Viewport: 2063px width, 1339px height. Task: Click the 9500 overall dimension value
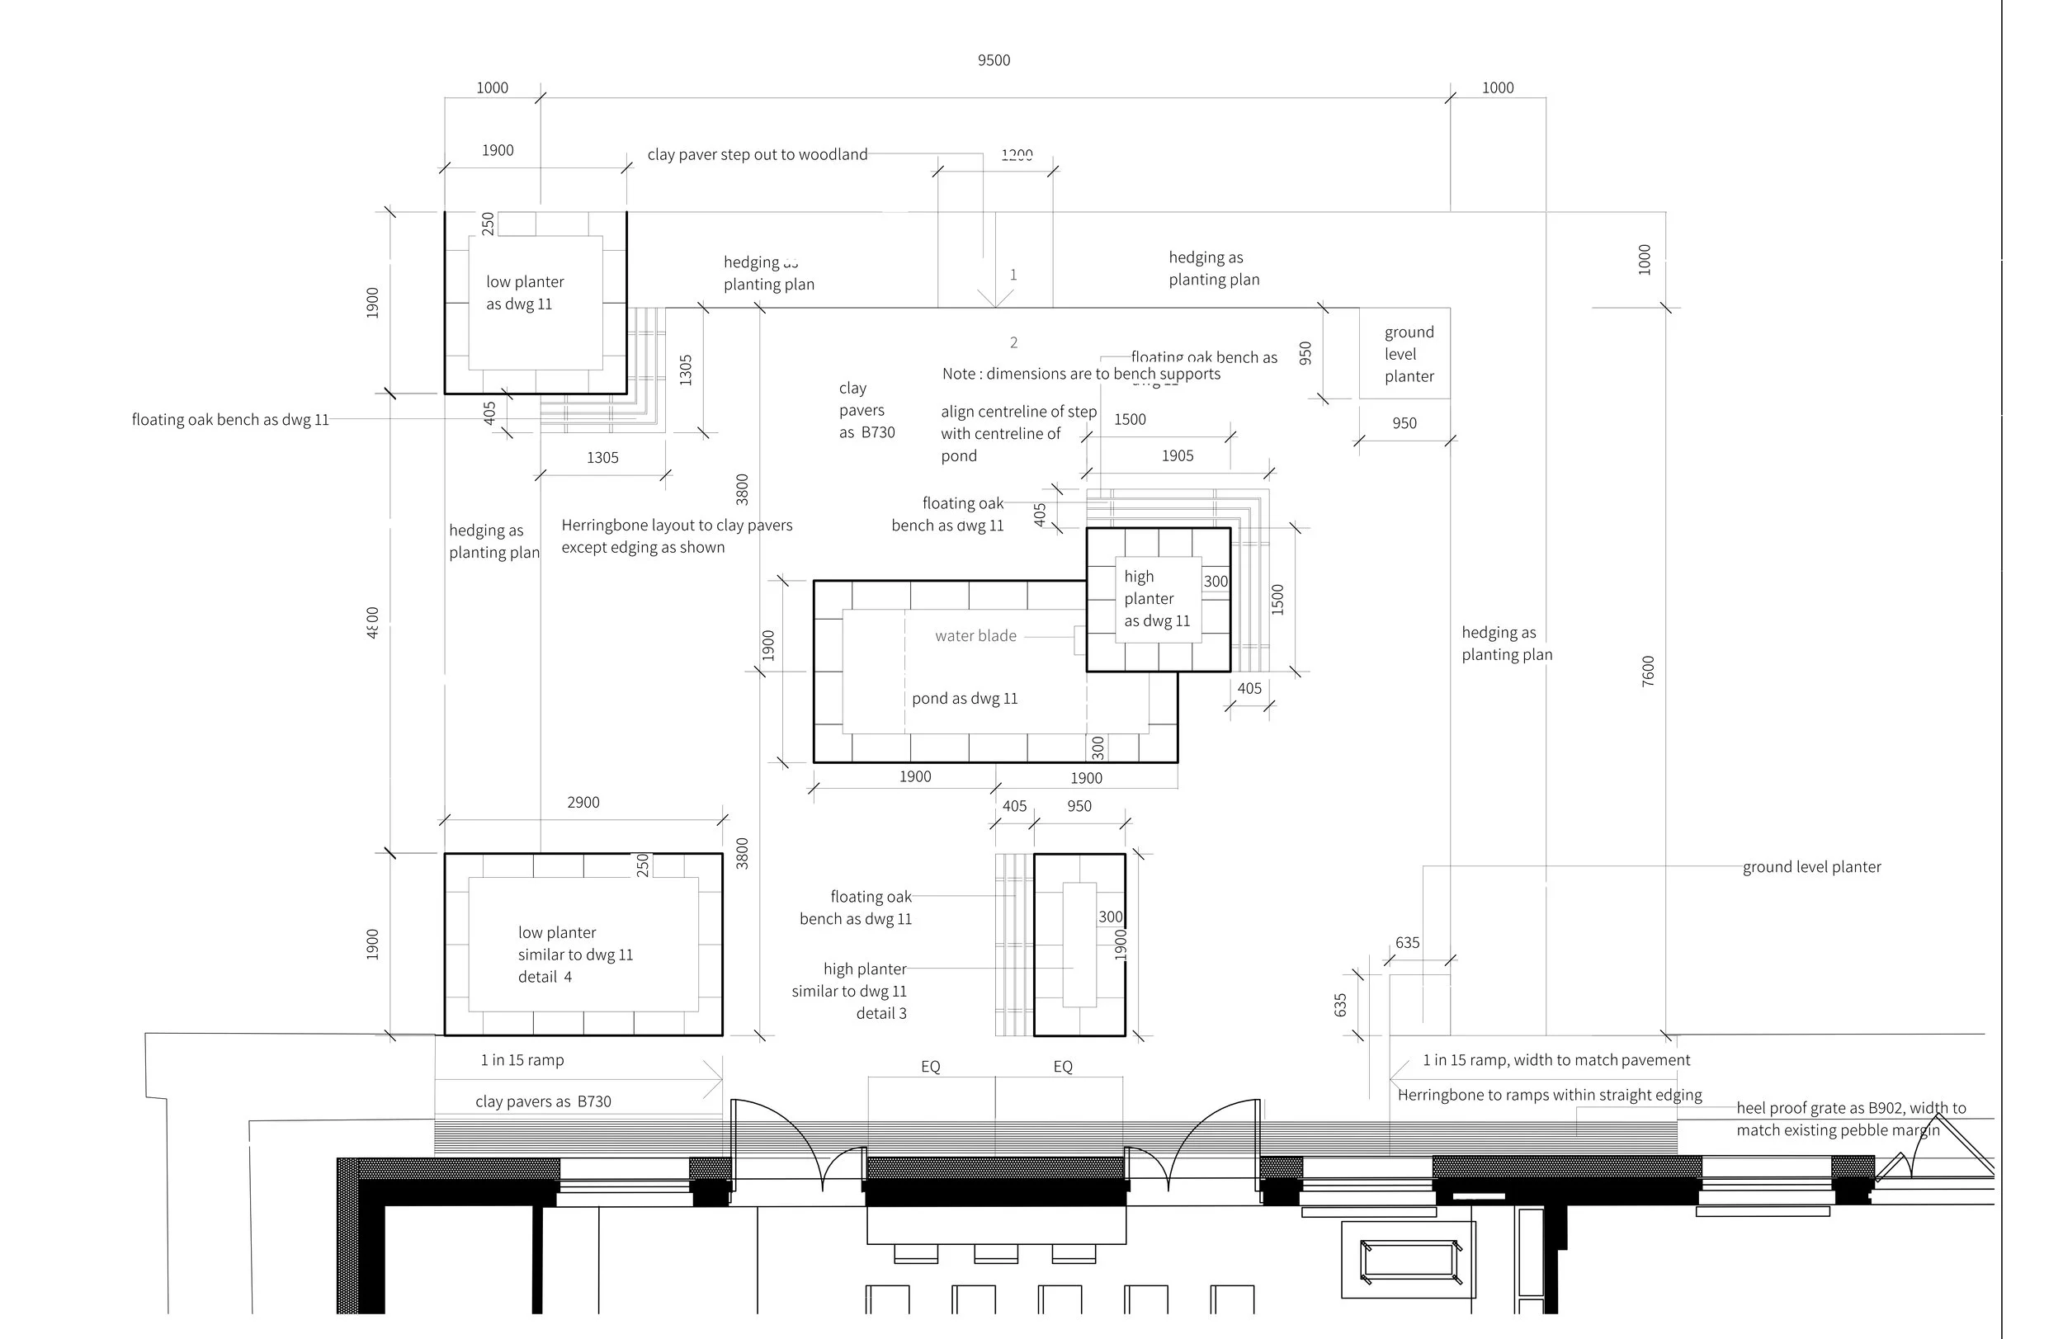tap(994, 59)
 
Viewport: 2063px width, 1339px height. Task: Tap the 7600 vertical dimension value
tap(1648, 671)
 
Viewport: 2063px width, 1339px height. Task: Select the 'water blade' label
tap(975, 635)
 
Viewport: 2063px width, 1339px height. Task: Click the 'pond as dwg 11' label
tap(964, 699)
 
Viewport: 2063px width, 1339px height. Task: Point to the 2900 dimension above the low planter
tap(583, 803)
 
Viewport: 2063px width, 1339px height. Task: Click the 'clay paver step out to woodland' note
tap(757, 154)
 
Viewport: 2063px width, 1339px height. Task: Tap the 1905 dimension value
tap(1177, 456)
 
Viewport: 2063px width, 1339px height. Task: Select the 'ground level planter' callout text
tap(1811, 866)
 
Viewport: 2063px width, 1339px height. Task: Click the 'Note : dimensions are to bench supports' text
tap(1081, 374)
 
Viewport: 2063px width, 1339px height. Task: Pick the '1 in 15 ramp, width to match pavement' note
tap(1556, 1060)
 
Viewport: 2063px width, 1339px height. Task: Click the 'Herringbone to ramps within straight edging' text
tap(1549, 1095)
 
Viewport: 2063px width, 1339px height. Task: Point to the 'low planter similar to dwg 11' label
tap(574, 955)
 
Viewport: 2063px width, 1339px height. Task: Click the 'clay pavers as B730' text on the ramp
tap(543, 1101)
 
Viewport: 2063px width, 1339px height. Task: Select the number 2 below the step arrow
tap(1013, 342)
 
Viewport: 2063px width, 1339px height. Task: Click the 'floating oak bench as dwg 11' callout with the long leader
tap(229, 419)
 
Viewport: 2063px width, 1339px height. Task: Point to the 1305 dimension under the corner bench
tap(602, 458)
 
